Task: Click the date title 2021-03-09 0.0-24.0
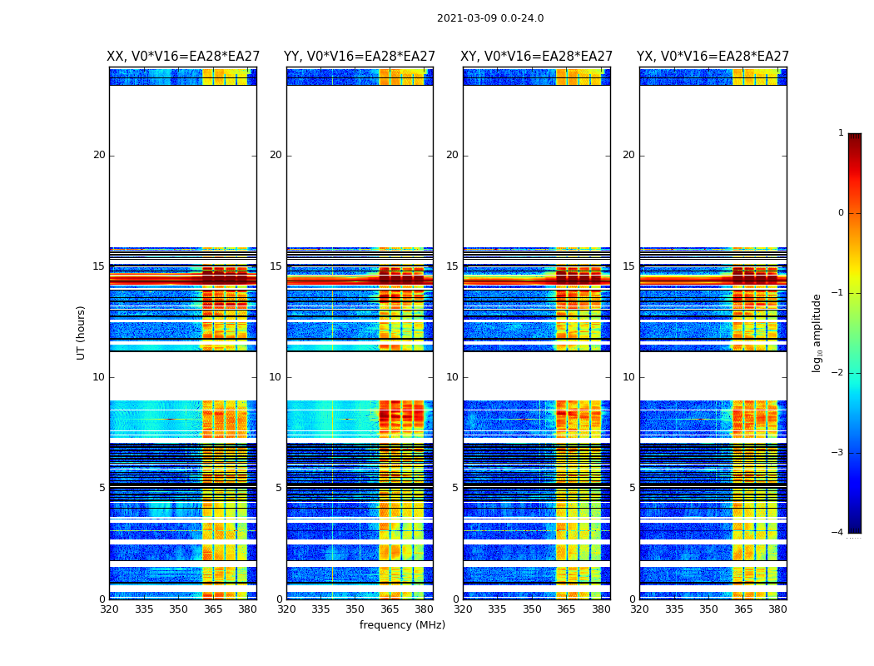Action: point(490,18)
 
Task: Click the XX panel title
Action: point(183,57)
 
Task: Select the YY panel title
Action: point(360,57)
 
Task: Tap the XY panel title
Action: point(537,57)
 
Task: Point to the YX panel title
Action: point(713,57)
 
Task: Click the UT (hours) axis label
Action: point(82,332)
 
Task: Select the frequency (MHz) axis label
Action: point(402,625)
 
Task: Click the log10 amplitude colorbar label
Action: point(817,332)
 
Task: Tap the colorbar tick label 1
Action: point(841,133)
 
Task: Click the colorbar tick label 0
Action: point(841,213)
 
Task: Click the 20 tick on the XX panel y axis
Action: point(100,155)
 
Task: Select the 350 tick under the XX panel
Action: point(178,609)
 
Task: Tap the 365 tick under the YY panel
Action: point(390,609)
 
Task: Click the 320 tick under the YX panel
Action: point(640,609)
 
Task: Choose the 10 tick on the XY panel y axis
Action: point(452,377)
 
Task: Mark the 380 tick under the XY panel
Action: point(601,609)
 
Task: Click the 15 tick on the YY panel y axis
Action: point(276,266)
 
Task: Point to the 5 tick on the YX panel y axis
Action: point(632,488)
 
